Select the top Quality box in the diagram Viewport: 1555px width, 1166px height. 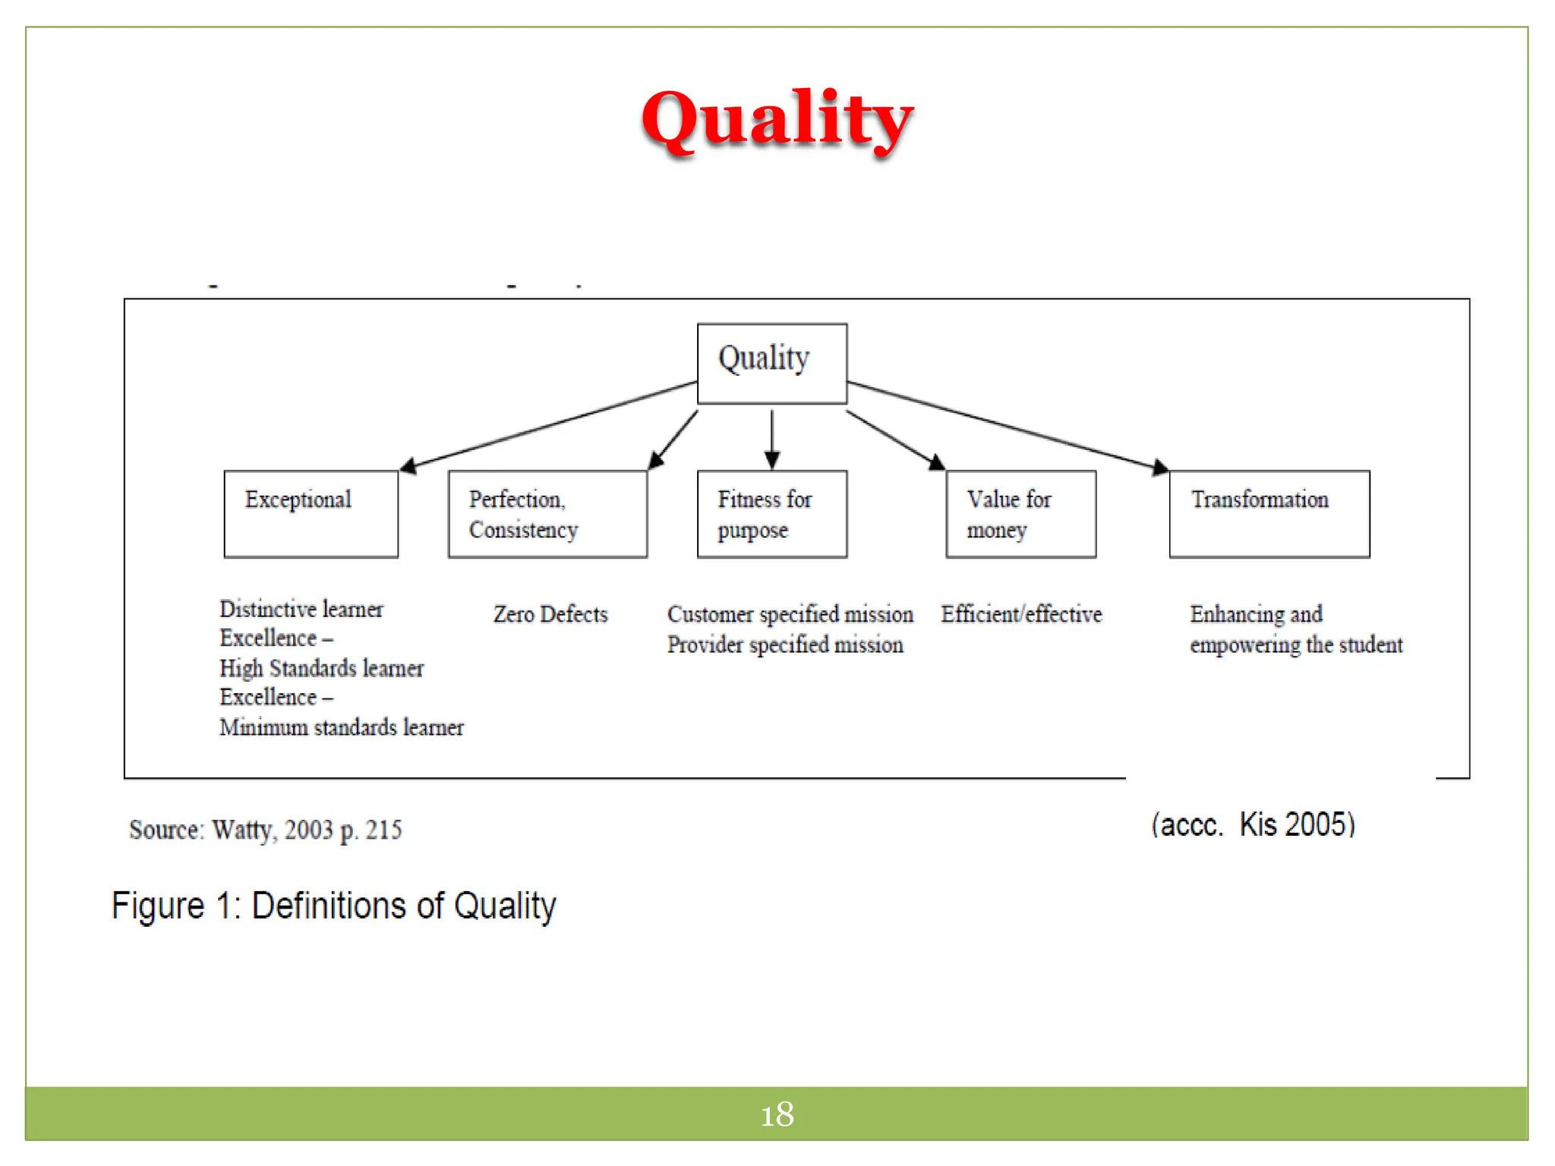click(x=771, y=363)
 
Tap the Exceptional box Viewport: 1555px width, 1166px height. click(x=311, y=514)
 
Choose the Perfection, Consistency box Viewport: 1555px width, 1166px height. click(x=547, y=514)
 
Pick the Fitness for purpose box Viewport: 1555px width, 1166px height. click(x=771, y=514)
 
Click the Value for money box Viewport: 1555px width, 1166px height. click(x=1020, y=514)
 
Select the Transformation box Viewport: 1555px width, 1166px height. click(x=1269, y=514)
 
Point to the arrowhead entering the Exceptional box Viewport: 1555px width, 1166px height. click(x=408, y=465)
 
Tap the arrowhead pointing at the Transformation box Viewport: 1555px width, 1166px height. click(x=1159, y=467)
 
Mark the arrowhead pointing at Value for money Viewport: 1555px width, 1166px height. click(x=937, y=462)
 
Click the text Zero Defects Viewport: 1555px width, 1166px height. click(x=550, y=614)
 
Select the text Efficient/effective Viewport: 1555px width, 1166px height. click(x=1021, y=614)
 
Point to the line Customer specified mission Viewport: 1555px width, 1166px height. click(x=790, y=614)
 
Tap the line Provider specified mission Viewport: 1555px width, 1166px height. click(x=785, y=644)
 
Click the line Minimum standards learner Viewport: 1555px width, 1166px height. click(x=341, y=727)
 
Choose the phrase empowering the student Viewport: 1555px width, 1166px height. click(x=1295, y=644)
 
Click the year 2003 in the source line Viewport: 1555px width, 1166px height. click(x=308, y=830)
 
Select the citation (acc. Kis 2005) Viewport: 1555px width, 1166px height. click(x=1252, y=824)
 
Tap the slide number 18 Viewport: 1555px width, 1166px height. click(x=777, y=1114)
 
